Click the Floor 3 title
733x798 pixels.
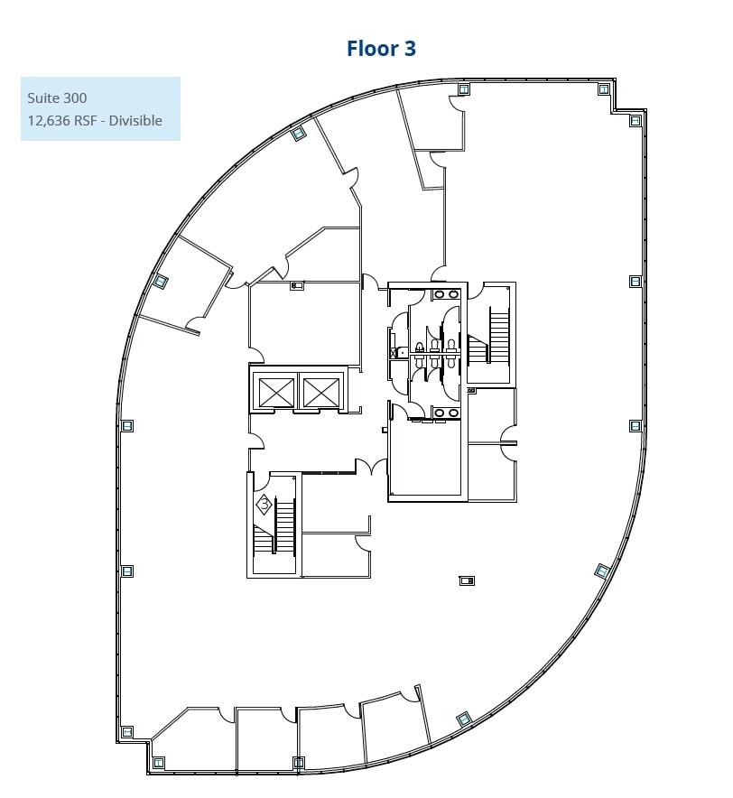(381, 48)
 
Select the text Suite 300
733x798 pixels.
(57, 97)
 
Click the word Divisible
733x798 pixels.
(135, 120)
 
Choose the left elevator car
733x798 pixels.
(276, 392)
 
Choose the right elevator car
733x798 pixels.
(320, 392)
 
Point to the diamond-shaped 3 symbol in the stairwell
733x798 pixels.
(264, 505)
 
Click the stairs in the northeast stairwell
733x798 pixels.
(499, 336)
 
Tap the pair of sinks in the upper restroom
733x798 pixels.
(445, 294)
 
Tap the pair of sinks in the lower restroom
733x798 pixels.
(445, 413)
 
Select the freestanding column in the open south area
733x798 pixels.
(467, 580)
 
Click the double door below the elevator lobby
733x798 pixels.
(366, 467)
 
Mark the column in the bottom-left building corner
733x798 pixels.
(158, 762)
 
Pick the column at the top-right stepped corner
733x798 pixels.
(636, 120)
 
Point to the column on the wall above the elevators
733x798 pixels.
(297, 286)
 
